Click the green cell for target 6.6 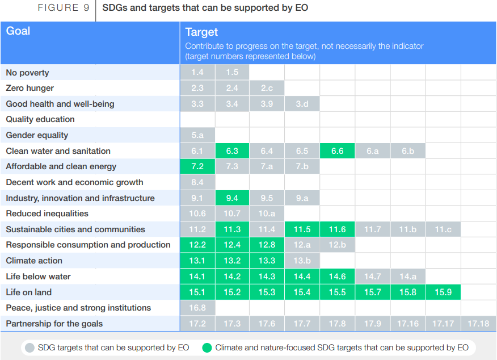(337, 151)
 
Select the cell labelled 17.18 (478, 324)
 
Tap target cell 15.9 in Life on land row (443, 292)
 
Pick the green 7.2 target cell (197, 166)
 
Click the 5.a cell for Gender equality (197, 135)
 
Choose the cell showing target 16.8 (197, 308)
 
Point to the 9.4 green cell (232, 198)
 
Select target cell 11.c (443, 229)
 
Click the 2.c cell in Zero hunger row (267, 88)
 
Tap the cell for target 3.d (302, 104)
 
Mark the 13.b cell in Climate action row (302, 261)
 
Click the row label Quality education (40, 119)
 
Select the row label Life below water (38, 277)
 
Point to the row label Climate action (34, 261)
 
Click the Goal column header (18, 31)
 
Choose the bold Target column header (201, 32)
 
